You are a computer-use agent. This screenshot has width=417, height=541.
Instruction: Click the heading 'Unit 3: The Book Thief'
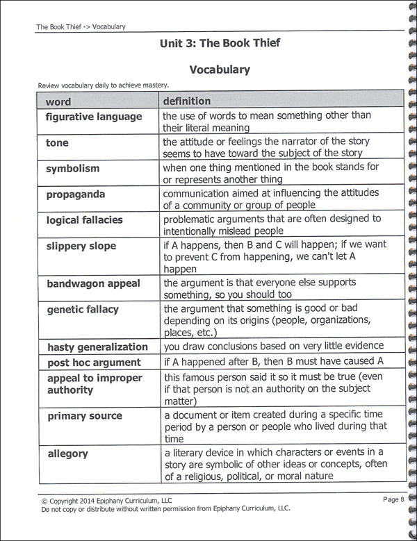220,43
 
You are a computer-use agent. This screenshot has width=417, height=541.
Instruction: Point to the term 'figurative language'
93,117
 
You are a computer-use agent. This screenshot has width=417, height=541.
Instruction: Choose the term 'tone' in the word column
57,142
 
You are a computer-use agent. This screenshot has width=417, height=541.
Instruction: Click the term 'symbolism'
72,168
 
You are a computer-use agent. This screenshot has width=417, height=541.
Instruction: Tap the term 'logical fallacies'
84,219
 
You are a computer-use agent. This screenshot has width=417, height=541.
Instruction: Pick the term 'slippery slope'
81,246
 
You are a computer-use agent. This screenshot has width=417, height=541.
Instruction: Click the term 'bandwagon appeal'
93,283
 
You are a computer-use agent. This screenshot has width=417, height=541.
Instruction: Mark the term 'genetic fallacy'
82,310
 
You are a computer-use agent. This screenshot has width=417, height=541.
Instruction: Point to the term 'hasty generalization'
97,347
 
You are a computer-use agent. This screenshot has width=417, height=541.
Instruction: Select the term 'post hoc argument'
93,363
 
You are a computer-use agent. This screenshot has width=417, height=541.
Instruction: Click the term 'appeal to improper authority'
94,384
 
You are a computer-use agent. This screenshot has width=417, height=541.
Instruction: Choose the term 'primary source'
84,416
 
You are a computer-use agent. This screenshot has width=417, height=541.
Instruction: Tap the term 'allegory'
67,453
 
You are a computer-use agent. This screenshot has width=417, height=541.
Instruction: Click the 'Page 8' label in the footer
393,499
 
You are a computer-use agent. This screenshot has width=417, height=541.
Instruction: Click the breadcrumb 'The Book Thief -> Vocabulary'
81,27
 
